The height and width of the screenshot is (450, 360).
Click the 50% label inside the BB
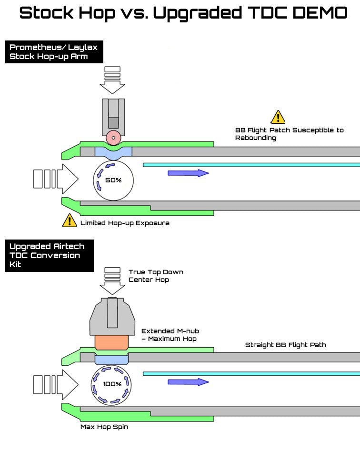113,180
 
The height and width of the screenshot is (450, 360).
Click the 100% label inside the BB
112,383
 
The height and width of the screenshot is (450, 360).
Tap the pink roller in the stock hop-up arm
113,138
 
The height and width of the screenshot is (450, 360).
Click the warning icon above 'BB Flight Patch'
278,117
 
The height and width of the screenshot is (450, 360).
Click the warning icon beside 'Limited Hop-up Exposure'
70,220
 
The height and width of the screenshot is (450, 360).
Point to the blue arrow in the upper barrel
188,173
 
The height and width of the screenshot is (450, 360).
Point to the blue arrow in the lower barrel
188,382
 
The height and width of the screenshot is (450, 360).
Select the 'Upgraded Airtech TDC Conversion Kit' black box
50,255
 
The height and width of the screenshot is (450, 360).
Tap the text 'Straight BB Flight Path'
285,345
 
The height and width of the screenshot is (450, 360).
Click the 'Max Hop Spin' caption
104,427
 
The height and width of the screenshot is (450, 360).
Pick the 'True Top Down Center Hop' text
156,276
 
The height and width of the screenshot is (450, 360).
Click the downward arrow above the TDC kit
112,281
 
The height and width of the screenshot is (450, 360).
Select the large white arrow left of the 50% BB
55,179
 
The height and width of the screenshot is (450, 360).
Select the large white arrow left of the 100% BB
55,383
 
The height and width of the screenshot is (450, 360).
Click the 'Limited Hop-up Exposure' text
125,223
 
